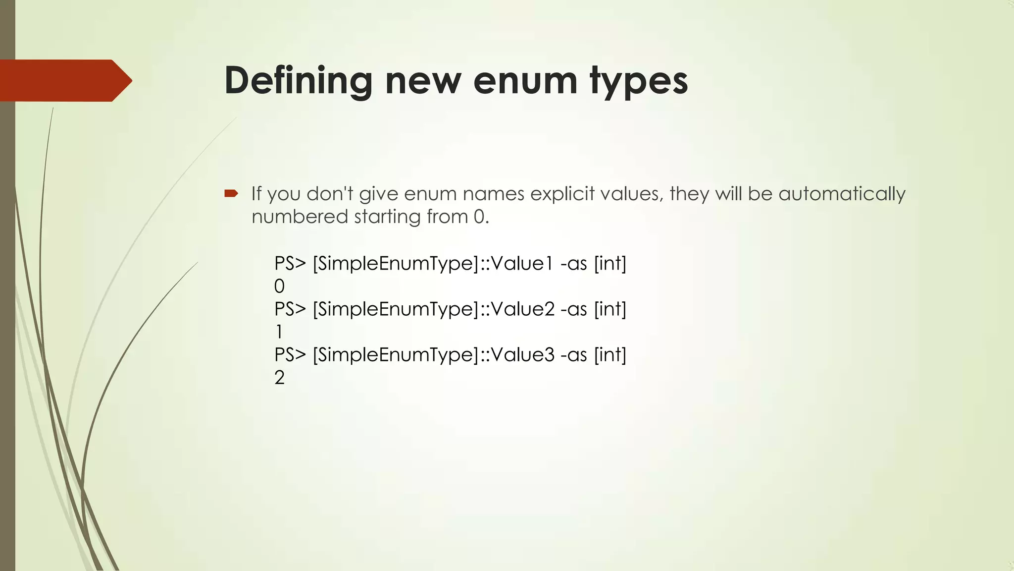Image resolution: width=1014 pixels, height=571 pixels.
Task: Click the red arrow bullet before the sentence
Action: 231,193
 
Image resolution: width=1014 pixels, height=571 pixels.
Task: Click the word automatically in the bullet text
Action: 842,194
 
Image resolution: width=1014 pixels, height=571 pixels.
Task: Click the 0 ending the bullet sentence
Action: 479,217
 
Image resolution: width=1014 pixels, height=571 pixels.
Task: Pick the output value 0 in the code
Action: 279,286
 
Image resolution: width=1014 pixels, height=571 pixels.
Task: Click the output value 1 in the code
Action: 279,332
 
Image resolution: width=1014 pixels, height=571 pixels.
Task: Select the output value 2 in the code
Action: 279,378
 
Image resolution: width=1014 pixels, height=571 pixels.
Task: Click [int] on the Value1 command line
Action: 610,263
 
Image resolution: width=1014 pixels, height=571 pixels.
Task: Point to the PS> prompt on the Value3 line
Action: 290,355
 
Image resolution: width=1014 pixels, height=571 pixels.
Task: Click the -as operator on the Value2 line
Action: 574,309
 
